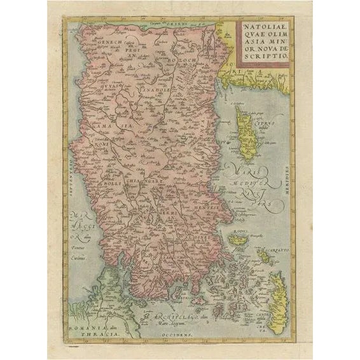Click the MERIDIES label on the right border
click(287, 181)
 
